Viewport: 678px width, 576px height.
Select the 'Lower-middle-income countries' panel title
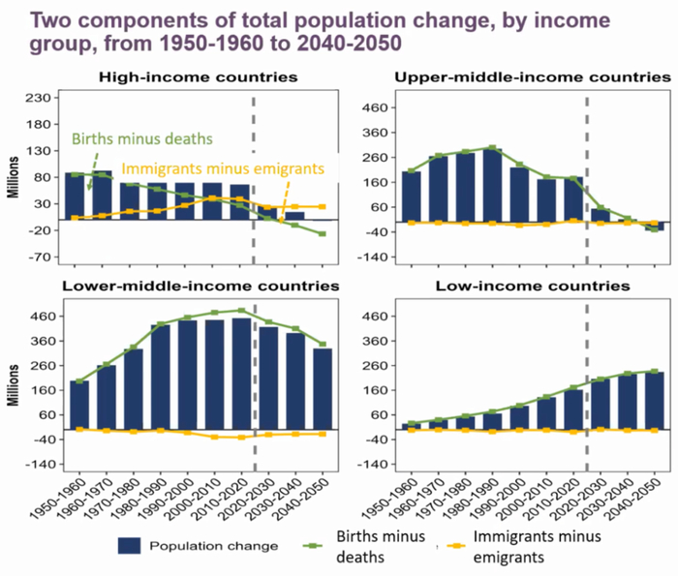200,287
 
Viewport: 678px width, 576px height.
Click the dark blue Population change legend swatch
141,545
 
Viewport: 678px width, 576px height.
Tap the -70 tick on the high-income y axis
38,258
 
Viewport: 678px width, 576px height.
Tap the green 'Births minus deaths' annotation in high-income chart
141,140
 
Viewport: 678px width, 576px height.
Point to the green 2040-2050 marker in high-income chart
321,234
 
